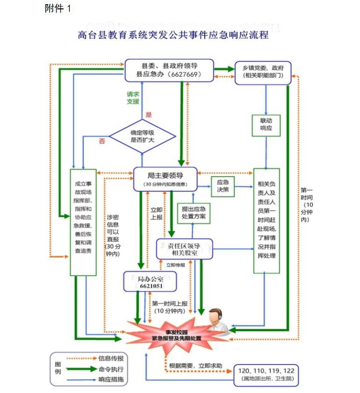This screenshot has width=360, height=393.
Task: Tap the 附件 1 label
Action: [x=58, y=8]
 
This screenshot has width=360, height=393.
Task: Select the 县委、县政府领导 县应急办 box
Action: [x=168, y=70]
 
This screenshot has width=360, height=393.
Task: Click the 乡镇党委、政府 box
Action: [x=262, y=72]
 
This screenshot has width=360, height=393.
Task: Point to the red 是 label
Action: [x=149, y=114]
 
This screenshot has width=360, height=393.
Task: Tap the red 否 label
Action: [x=102, y=141]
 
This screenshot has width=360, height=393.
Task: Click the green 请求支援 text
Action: [x=133, y=97]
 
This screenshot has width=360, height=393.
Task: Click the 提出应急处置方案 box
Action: [x=194, y=213]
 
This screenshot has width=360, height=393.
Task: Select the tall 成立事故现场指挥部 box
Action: [x=83, y=222]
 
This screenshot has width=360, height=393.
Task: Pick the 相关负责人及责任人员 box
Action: [x=266, y=220]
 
